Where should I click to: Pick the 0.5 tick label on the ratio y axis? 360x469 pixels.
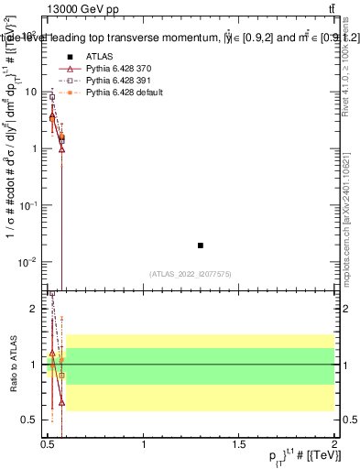tap(32, 420)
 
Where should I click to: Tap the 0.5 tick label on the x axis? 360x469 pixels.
tap(49, 443)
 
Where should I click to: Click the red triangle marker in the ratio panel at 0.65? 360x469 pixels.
tap(61, 402)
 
